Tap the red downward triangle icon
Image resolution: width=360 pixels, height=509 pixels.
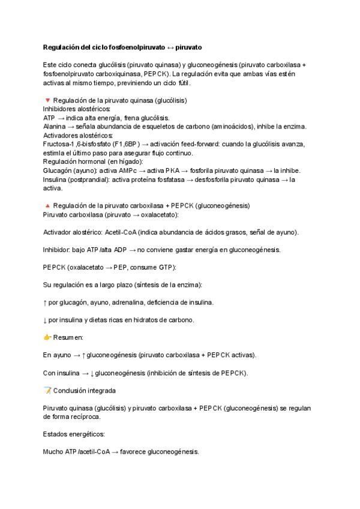47,100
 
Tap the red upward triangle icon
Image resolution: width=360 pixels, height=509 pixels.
47,205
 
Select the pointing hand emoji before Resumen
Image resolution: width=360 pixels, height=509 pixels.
47,338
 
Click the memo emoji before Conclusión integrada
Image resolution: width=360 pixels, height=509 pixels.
47,391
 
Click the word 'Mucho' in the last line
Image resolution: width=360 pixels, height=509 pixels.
53,451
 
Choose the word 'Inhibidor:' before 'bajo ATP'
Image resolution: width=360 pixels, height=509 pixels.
58,250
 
